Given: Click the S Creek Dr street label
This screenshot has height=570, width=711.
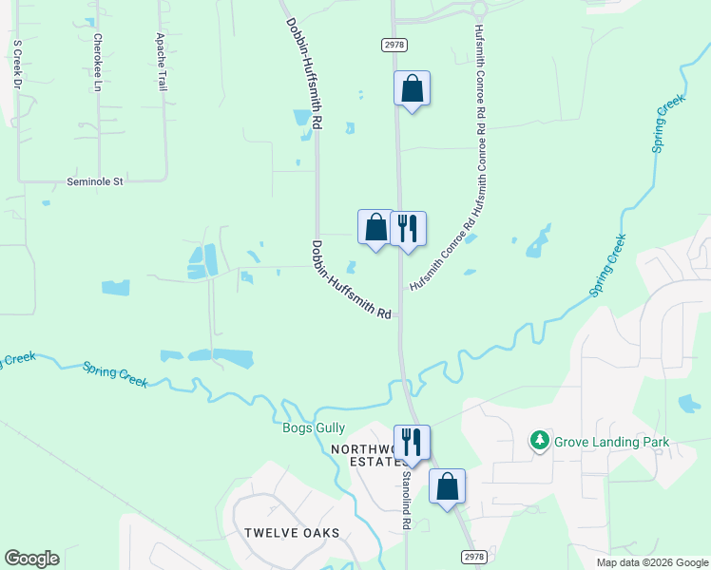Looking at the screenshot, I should [17, 65].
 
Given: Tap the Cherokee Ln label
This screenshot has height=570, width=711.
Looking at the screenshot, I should [97, 63].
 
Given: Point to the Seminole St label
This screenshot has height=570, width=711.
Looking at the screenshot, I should [95, 180].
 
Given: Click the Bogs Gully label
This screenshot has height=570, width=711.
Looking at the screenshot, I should [314, 428].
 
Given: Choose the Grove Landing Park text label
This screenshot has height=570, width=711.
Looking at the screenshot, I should [613, 442].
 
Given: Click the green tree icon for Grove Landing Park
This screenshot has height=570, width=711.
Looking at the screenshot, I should [540, 441].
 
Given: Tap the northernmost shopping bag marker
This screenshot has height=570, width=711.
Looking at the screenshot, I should [412, 89].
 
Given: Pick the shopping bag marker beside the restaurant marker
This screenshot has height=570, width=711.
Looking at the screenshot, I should [375, 227].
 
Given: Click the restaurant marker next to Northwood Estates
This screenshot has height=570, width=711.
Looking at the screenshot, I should [412, 442].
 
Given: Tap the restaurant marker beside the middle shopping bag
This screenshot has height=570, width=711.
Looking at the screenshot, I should [408, 229].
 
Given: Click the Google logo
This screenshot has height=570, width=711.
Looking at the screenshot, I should [31, 559].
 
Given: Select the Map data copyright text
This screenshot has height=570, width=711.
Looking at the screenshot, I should [652, 562].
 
